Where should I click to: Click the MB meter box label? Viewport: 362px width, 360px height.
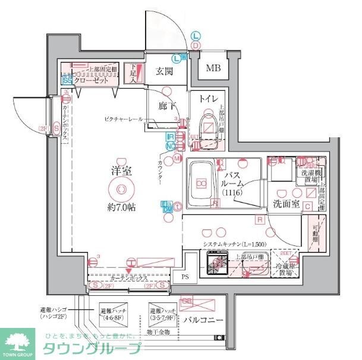(x=213, y=68)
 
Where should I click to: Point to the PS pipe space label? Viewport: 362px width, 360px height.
(x=184, y=276)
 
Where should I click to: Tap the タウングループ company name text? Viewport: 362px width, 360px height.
(x=92, y=350)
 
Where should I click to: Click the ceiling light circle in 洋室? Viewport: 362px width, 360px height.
(x=121, y=190)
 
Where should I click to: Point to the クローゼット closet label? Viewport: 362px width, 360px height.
(x=95, y=80)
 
